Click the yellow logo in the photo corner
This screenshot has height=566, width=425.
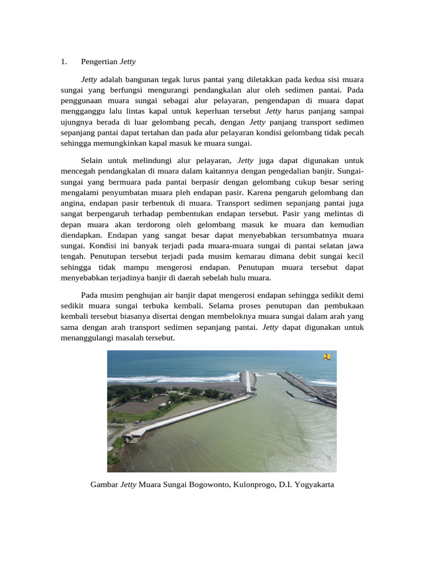coord(326,358)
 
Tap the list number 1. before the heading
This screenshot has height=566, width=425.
coord(64,62)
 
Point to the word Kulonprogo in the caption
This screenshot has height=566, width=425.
coord(255,485)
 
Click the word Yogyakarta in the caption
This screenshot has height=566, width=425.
coord(310,485)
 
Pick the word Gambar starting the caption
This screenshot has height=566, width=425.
coord(104,485)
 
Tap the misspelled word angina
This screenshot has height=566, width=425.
coord(73,203)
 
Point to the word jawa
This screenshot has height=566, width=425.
coord(354,246)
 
